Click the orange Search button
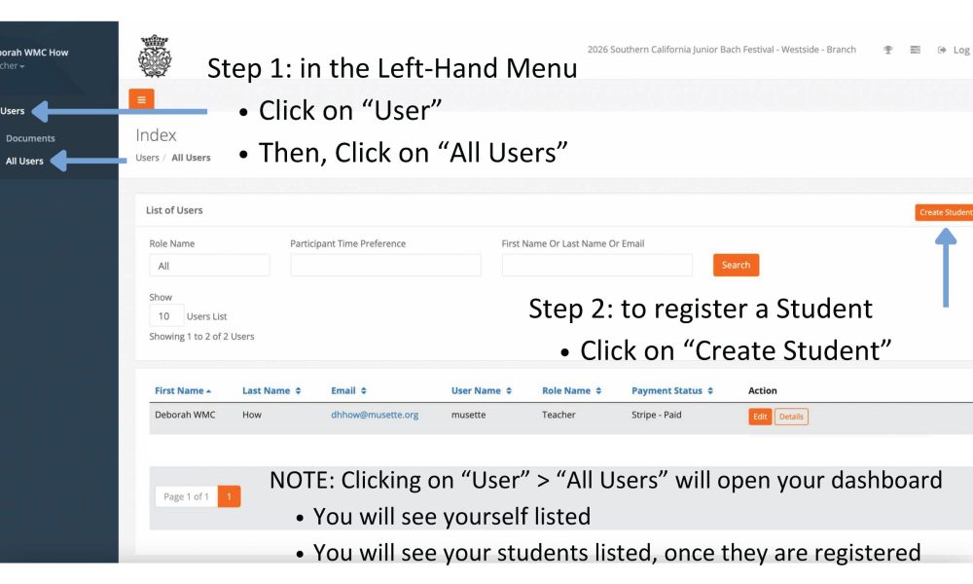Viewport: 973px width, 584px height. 736,265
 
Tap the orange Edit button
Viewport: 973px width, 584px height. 760,417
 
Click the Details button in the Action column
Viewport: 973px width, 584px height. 791,417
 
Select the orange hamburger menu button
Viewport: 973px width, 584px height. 141,99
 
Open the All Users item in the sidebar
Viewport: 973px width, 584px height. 25,161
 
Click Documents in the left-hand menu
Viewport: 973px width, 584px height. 30,138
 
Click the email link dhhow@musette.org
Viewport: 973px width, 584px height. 375,415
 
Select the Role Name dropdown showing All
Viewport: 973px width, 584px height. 210,266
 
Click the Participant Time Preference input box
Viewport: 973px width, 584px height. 385,265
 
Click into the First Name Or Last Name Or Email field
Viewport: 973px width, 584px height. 597,265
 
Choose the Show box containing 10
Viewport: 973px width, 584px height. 166,316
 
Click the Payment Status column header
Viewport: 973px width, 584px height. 672,390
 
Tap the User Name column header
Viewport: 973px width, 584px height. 482,390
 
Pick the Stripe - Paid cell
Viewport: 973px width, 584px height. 657,415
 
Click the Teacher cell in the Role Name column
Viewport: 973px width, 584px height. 559,415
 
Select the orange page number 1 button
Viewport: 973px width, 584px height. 229,496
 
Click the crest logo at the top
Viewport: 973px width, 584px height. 155,55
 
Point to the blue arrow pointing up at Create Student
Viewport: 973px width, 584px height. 946,268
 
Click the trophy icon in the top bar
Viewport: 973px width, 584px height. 888,50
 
